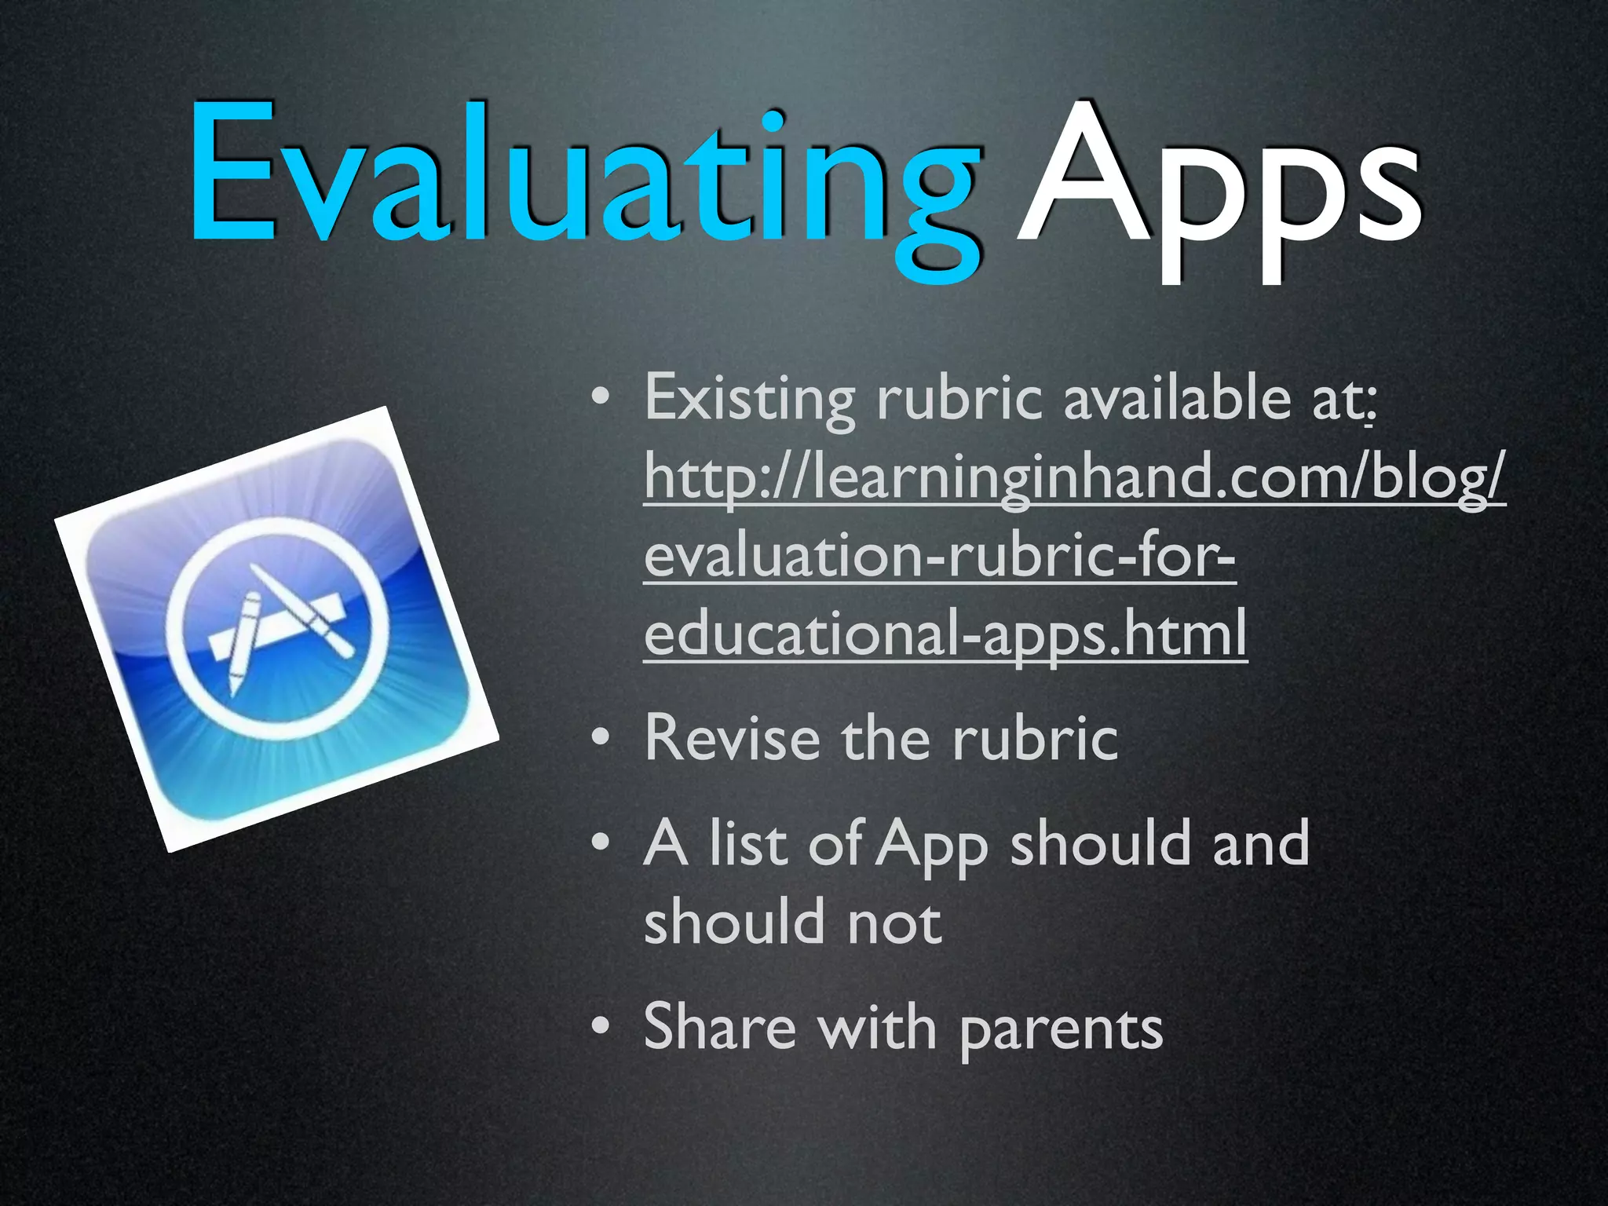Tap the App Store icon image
[276, 628]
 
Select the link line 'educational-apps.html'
[945, 634]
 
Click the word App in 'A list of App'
[933, 846]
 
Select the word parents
[1061, 1030]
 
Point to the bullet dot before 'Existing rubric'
[601, 398]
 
